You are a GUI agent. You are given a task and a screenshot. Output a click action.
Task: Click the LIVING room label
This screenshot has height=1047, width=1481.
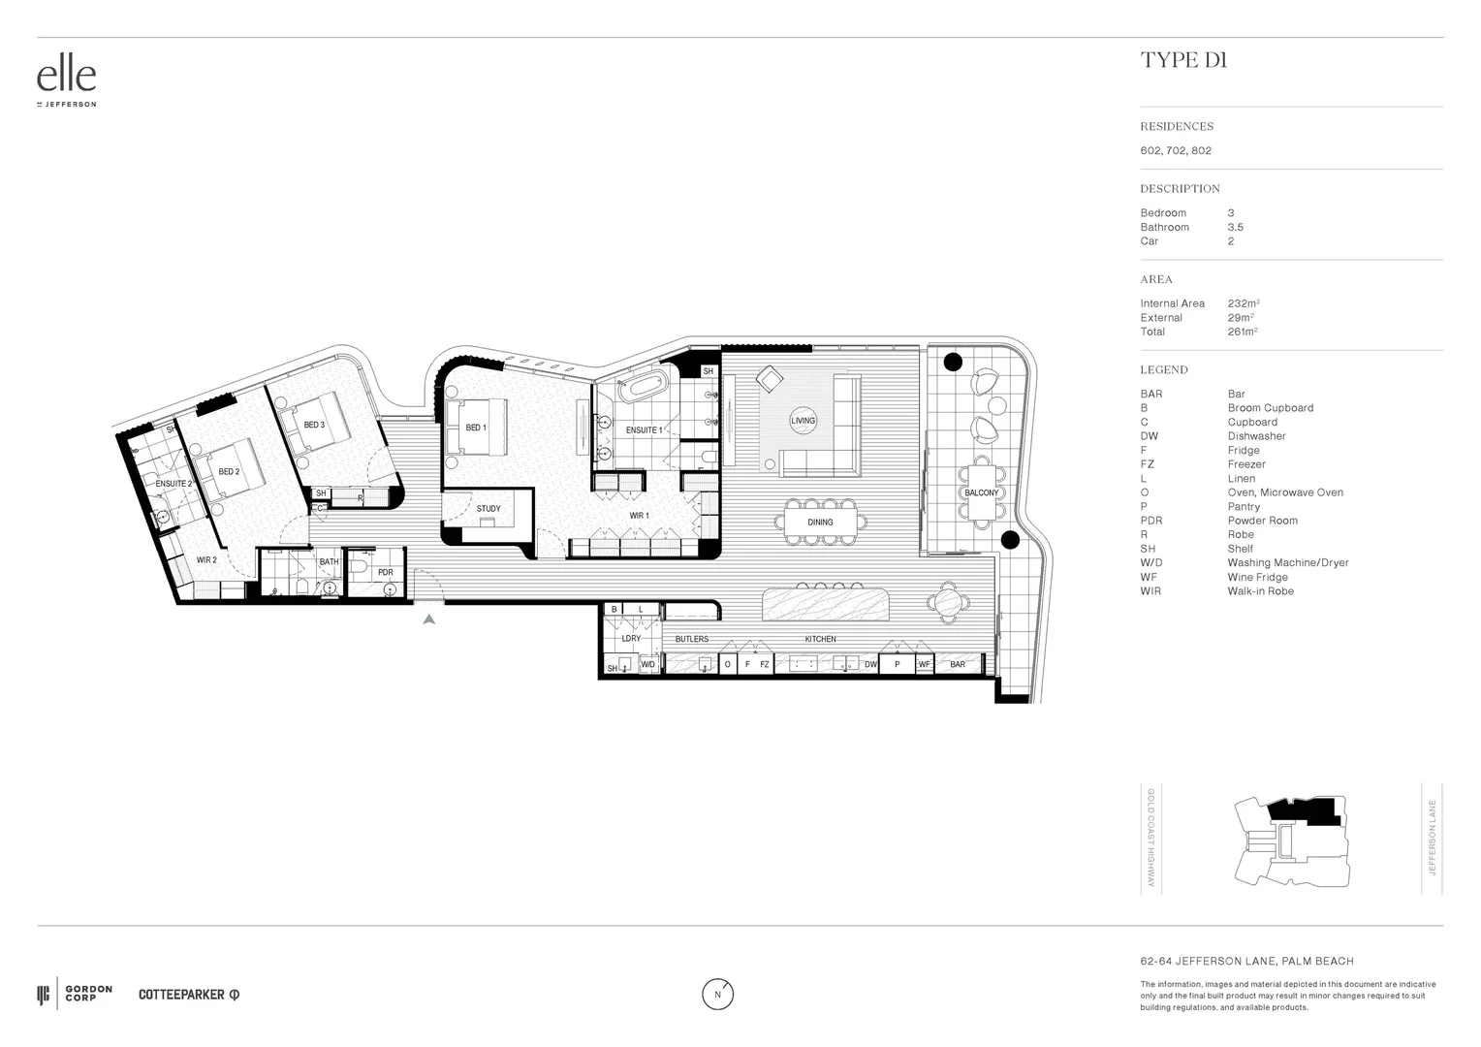pos(804,421)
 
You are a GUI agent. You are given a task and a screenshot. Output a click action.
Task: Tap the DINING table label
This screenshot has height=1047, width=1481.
pos(820,523)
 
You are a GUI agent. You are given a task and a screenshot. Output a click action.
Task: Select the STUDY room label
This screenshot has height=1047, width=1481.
pos(488,509)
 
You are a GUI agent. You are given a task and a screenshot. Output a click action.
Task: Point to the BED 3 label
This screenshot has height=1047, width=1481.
pos(314,425)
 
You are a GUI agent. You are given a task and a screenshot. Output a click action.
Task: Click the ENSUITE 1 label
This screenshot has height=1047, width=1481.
pos(645,430)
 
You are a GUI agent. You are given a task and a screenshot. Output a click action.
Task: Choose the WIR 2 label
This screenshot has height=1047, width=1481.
pos(206,560)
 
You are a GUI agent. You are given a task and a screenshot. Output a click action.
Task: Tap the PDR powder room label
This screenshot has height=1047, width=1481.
pos(386,573)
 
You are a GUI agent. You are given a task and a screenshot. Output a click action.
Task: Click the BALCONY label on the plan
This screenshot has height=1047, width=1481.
pos(981,492)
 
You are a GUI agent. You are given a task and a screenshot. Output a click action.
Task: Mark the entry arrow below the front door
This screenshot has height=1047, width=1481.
pos(428,618)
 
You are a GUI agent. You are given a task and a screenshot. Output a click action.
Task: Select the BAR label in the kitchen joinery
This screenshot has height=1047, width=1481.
pos(958,665)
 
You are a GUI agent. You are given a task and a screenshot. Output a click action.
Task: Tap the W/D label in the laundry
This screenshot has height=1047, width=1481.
pos(647,665)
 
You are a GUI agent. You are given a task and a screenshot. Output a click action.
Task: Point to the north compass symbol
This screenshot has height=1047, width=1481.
pos(717,994)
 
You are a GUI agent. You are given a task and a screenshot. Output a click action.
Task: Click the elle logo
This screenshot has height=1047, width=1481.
pos(66,78)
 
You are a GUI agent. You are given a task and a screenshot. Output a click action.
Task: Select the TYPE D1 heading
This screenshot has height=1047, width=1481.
pos(1183,60)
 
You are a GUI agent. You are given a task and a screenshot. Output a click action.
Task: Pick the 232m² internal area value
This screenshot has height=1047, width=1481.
pos(1243,303)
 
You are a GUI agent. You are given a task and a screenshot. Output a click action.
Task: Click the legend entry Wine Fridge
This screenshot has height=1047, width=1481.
pos(1257,577)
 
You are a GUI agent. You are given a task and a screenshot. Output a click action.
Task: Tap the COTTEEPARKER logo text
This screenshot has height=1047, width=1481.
pos(182,995)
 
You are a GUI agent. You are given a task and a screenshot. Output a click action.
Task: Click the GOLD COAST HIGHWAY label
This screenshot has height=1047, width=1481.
pos(1150,839)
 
